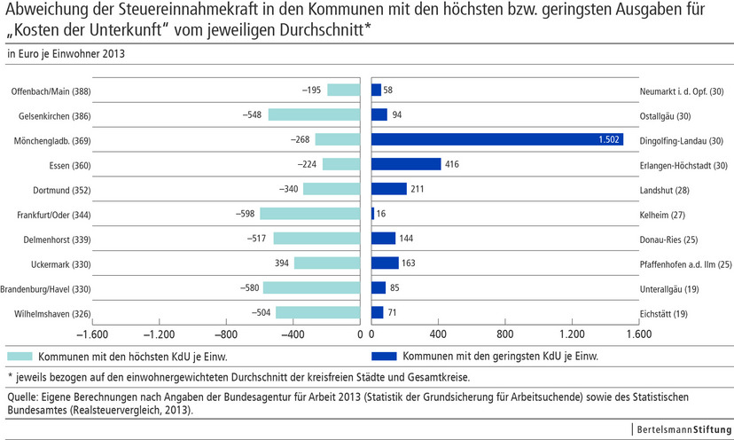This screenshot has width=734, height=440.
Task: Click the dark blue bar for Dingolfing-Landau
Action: [x=496, y=139]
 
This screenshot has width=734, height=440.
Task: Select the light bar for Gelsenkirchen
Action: [x=314, y=114]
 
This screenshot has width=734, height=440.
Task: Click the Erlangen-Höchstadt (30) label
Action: [x=683, y=165]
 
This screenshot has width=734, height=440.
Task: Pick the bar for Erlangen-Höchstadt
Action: [x=406, y=164]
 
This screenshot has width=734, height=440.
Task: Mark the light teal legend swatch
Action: [x=20, y=356]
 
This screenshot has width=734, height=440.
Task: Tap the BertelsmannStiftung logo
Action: [x=681, y=429]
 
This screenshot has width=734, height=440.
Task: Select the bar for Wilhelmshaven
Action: [x=317, y=312]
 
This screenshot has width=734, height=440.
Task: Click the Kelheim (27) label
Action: [x=667, y=214]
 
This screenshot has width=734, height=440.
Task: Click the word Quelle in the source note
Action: [x=22, y=397]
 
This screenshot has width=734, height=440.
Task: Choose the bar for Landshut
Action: [x=389, y=189]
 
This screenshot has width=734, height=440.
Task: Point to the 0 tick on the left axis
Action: [x=360, y=334]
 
